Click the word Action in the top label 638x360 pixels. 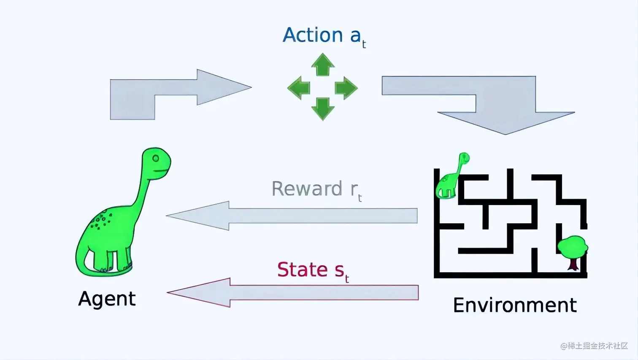313,35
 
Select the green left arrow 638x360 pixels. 299,88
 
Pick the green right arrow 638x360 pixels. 346,88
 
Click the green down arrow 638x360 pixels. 323,108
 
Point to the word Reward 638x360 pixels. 307,189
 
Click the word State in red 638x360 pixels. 303,270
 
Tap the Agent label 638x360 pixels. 107,299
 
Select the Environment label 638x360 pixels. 514,305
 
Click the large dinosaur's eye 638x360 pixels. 156,158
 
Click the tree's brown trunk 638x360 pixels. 573,264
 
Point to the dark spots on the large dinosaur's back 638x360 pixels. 100,221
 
